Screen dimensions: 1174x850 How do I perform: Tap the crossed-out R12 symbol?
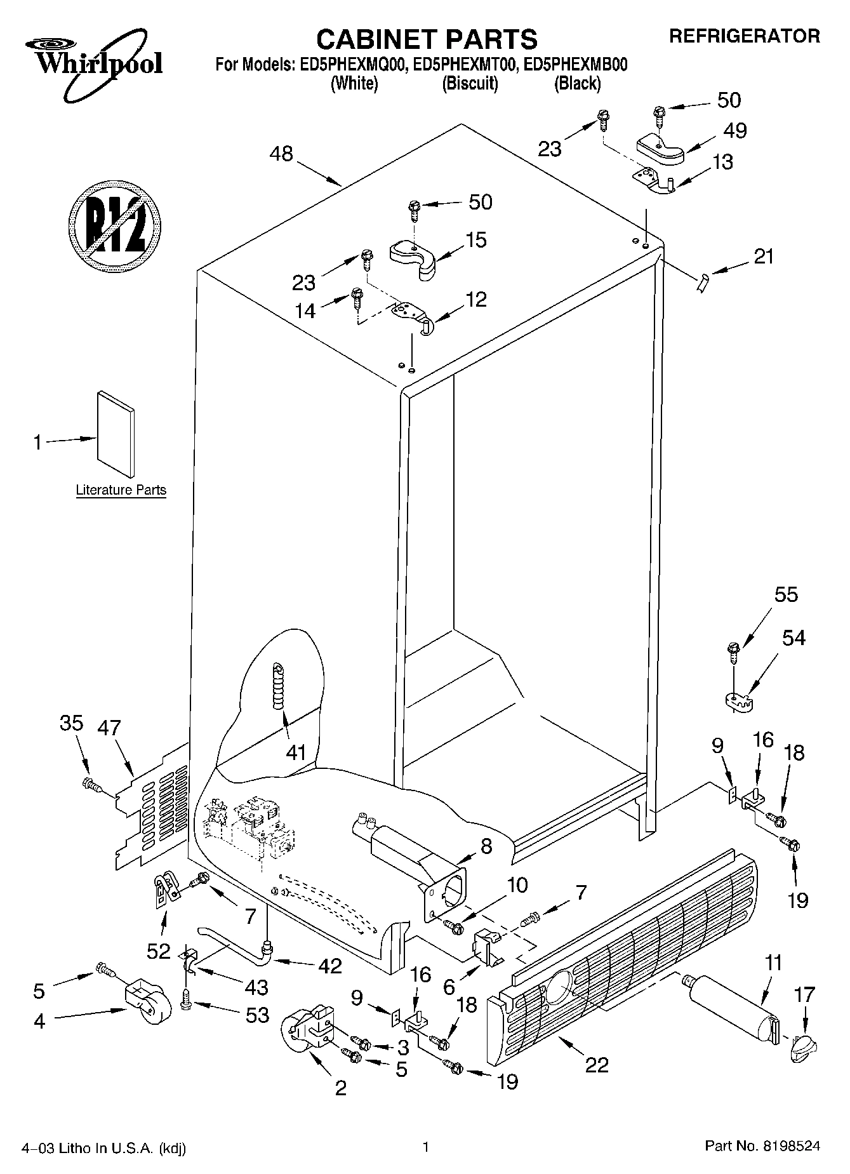pyautogui.click(x=114, y=225)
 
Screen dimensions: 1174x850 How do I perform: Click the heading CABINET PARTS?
pyautogui.click(x=427, y=39)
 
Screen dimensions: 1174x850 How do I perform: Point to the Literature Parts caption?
pyautogui.click(x=121, y=490)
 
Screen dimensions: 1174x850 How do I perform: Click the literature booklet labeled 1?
pyautogui.click(x=116, y=433)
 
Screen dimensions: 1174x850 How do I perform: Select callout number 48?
pyautogui.click(x=281, y=154)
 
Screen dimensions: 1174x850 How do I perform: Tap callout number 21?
pyautogui.click(x=764, y=257)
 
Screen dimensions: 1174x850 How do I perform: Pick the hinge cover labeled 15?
pyautogui.click(x=413, y=257)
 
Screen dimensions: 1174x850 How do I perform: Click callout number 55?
pyautogui.click(x=786, y=595)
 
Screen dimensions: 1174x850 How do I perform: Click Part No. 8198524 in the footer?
pyautogui.click(x=762, y=1146)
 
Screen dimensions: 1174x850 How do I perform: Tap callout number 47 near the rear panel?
pyautogui.click(x=109, y=728)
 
